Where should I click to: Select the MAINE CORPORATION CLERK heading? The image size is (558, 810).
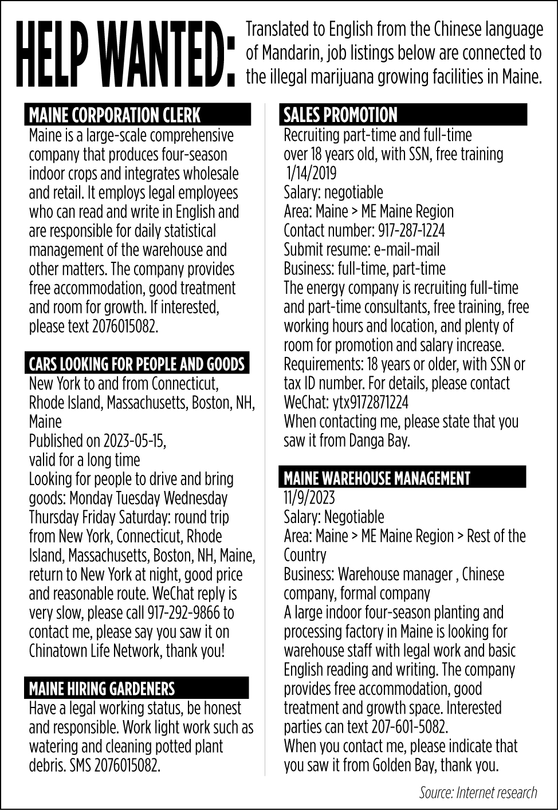pyautogui.click(x=115, y=115)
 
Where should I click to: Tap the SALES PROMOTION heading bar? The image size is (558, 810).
pyautogui.click(x=340, y=115)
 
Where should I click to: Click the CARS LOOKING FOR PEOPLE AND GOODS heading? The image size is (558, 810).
pyautogui.click(x=137, y=364)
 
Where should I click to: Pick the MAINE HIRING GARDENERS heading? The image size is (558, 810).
pyautogui.click(x=101, y=688)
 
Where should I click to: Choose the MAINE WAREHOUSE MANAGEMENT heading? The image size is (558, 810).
pyautogui.click(x=376, y=478)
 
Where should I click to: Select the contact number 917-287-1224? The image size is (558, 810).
pyautogui.click(x=411, y=231)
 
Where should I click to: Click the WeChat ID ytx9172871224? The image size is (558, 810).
pyautogui.click(x=370, y=402)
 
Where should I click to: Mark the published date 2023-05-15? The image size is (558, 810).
pyautogui.click(x=134, y=441)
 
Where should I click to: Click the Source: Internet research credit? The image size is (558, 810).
pyautogui.click(x=478, y=792)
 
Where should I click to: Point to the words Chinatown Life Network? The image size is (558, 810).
pyautogui.click(x=96, y=651)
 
